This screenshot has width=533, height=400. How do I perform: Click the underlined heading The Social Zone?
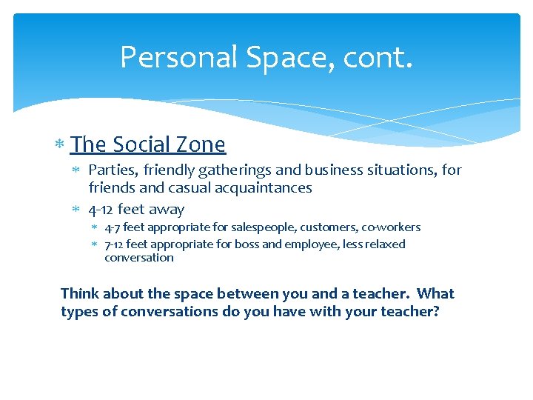148,144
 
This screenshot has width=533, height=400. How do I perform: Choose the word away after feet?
167,209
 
